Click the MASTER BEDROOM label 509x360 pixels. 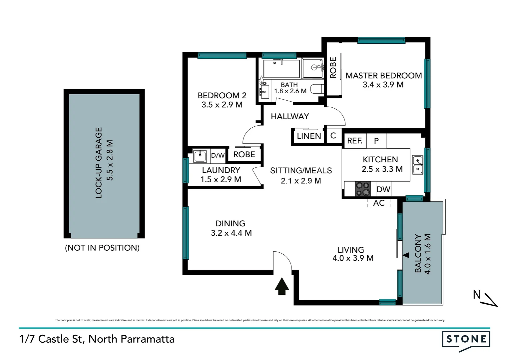pos(383,76)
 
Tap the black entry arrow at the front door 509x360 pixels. pos(282,286)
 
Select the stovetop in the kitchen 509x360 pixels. pos(362,189)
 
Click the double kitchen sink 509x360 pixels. pos(417,165)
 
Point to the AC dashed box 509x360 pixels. pos(379,203)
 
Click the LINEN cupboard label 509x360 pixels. pos(309,136)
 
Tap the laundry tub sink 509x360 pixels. pos(200,156)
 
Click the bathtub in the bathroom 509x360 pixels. pos(281,69)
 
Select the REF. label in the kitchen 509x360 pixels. pos(354,141)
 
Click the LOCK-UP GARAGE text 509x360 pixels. pos(99,163)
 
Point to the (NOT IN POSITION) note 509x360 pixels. pos(102,248)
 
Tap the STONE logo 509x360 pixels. pos(466,339)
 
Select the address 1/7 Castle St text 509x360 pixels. pos(97,339)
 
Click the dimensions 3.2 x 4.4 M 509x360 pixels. pos(231,233)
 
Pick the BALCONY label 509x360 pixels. pos(418,253)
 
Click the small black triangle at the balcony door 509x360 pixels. pos(406,255)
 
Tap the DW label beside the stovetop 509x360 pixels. pos(383,189)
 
